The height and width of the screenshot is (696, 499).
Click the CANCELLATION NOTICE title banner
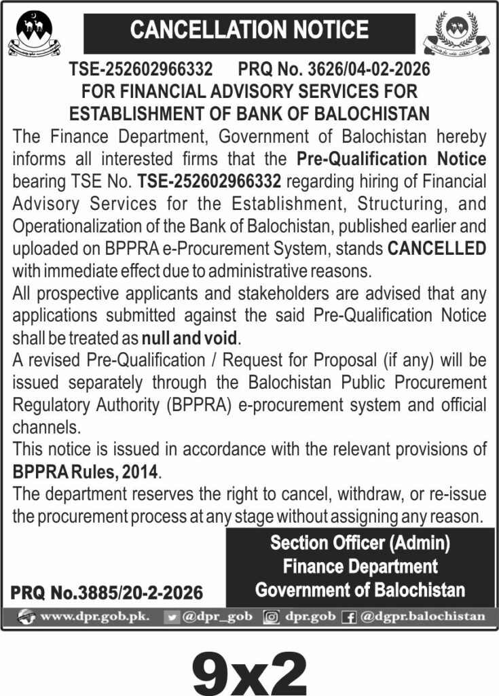[249, 31]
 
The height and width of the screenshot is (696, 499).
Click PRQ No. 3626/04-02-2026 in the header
[335, 69]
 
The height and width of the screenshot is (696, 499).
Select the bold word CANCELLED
[437, 248]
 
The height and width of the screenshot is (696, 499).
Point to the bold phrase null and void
[191, 338]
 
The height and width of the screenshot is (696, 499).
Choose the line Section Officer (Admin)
[360, 543]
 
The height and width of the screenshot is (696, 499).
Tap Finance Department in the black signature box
[360, 565]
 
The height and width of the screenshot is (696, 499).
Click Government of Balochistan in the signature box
[360, 589]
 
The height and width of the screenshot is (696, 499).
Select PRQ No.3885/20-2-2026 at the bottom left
[107, 593]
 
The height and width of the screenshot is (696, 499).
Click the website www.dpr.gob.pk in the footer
[95, 616]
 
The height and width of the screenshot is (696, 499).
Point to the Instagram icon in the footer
[272, 617]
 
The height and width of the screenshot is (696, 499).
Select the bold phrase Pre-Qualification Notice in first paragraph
[392, 160]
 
